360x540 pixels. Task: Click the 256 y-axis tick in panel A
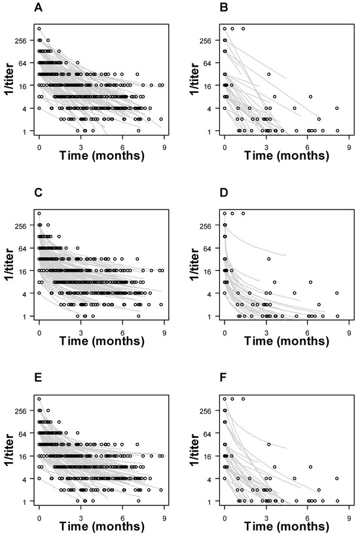pos(21,41)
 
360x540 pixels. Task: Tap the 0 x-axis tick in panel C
pos(39,331)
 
